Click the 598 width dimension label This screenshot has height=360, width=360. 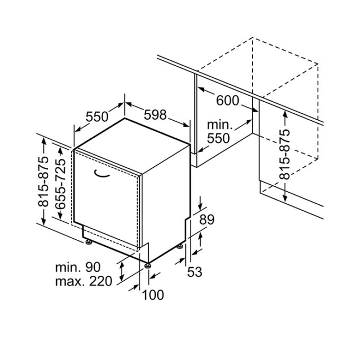click(x=155, y=114)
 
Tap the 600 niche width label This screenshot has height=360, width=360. click(x=228, y=101)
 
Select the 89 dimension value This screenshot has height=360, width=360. click(x=207, y=220)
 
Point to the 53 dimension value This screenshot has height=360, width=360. click(x=195, y=272)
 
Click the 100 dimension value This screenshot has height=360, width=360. click(x=154, y=295)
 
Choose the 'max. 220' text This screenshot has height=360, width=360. click(x=84, y=281)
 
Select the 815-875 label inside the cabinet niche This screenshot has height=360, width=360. click(x=285, y=154)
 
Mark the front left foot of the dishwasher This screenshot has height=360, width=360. click(x=88, y=242)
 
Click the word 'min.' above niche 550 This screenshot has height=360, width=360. click(x=220, y=125)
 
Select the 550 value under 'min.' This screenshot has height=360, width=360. click(x=219, y=139)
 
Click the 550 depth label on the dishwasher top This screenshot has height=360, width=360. click(x=97, y=117)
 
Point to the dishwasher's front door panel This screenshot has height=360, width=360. click(x=106, y=201)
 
